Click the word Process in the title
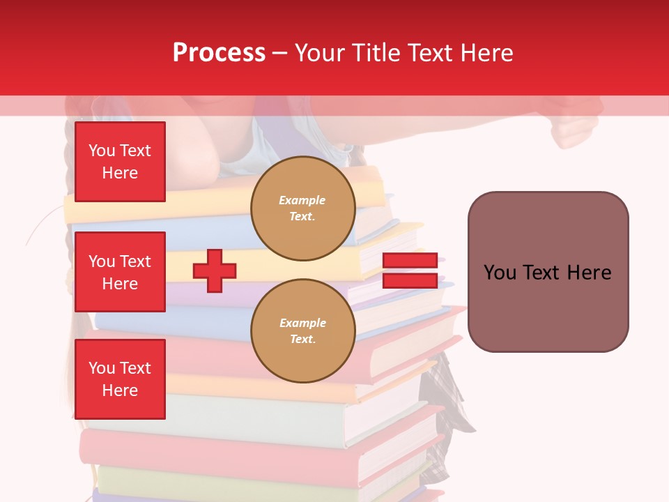pos(219,53)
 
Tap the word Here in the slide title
pos(485,53)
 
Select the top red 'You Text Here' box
pos(120,162)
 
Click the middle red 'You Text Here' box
pos(120,272)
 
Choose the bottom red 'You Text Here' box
pos(120,379)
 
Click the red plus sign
pos(215,271)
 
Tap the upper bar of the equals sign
pos(410,260)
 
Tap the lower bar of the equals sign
pos(410,280)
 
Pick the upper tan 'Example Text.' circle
pos(302,208)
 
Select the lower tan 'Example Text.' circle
pos(302,330)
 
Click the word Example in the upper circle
pos(302,201)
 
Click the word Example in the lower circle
pos(302,324)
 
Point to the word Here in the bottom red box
pos(120,390)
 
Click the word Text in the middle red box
pos(135,261)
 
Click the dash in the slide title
pos(280,53)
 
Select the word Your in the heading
pos(321,53)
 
